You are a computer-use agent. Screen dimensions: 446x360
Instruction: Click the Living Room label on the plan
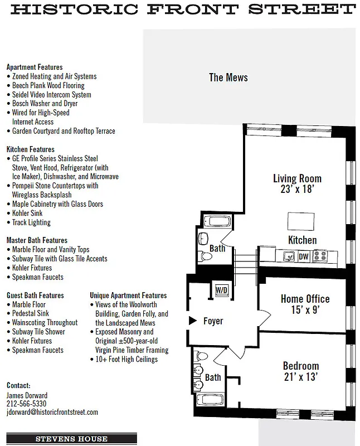click(x=297, y=178)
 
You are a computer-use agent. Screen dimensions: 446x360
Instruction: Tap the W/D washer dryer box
click(x=222, y=290)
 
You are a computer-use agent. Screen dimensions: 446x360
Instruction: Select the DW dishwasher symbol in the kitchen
click(x=304, y=257)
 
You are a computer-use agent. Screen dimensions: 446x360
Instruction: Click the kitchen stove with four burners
click(x=320, y=256)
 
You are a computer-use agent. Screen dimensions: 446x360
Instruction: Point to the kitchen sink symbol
click(x=289, y=257)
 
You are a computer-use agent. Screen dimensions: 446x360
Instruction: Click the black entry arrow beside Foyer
click(x=192, y=321)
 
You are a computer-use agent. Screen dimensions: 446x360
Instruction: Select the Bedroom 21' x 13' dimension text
click(x=300, y=377)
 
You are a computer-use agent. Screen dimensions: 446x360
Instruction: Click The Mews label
click(x=228, y=77)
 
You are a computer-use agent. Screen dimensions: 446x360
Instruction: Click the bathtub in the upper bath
click(x=214, y=222)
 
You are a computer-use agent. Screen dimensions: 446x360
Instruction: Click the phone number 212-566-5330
click(x=26, y=403)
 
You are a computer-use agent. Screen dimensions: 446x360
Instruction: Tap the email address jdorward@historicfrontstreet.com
click(x=52, y=412)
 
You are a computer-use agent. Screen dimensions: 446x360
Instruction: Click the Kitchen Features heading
click(x=31, y=149)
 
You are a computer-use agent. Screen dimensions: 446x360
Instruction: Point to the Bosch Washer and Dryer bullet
click(x=45, y=104)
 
